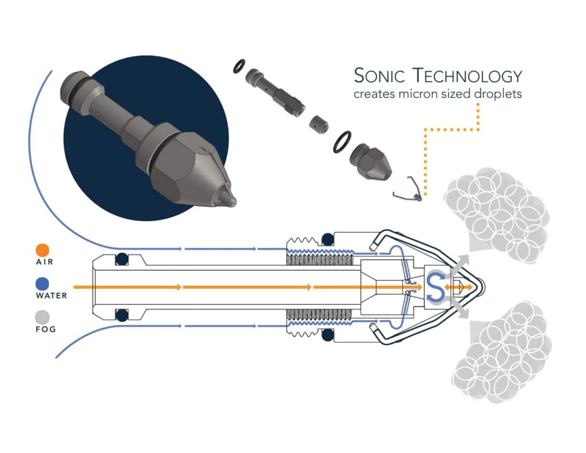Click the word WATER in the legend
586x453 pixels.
51,296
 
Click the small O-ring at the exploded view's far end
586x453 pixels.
239,68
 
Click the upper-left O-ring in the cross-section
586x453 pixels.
121,259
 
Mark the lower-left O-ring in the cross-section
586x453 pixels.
121,314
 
